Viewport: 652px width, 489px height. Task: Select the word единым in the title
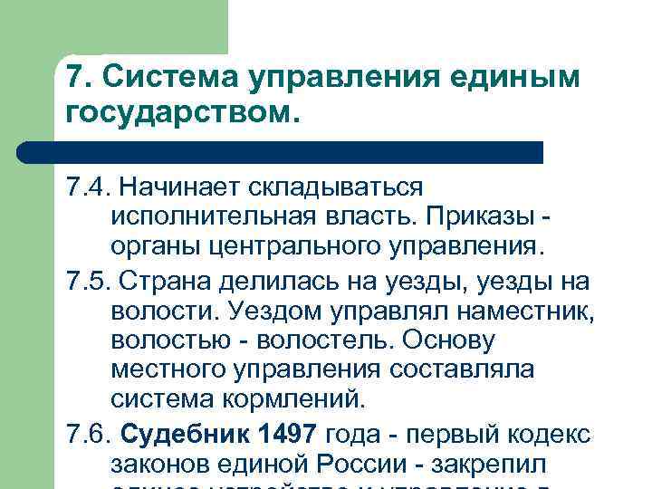pos(528,79)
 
